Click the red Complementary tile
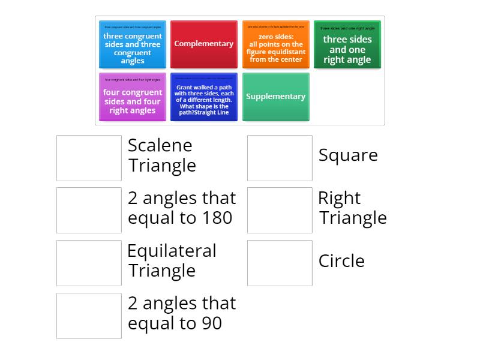coord(204,44)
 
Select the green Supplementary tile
coord(276,97)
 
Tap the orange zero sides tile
coord(276,44)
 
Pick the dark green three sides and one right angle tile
coord(347,44)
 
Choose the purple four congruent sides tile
coord(133,97)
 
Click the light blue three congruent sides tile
coord(133,44)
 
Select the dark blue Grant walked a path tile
coord(204,97)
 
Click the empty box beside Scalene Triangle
coord(89,158)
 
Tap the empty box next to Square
coord(280,158)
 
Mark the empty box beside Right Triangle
coord(280,210)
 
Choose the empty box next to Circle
coord(280,263)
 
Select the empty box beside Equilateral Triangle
coord(89,263)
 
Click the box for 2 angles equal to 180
coord(89,210)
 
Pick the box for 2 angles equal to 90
coord(89,316)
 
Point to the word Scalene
coord(160,145)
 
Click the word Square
coord(348,155)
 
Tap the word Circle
coord(341,261)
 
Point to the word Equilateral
coord(172,251)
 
